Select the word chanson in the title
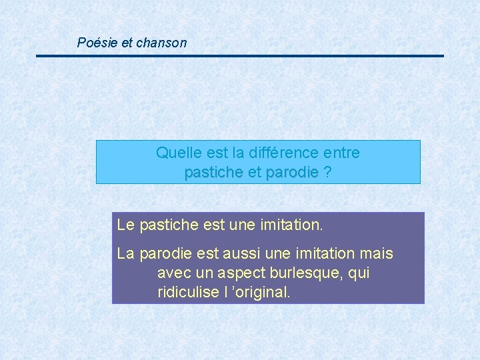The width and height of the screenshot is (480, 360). point(161,43)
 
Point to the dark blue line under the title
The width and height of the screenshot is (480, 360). point(240,56)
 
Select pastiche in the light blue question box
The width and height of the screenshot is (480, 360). point(213,173)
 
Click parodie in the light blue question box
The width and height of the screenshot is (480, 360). point(292,173)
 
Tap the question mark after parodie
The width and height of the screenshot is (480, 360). point(327,173)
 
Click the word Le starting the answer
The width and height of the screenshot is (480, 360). point(125,225)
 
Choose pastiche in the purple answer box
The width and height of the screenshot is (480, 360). point(166,225)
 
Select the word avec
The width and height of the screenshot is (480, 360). point(173,273)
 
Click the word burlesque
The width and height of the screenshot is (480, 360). point(307,273)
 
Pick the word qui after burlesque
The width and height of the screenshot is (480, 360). point(359,273)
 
